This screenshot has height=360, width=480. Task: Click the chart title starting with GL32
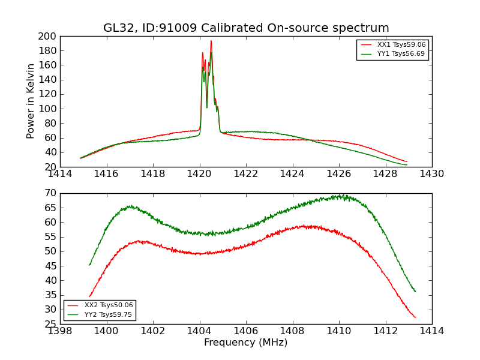246,28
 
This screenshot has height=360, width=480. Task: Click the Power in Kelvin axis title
31,101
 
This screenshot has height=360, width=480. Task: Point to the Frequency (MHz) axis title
246,343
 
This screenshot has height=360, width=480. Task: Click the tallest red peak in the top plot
211,41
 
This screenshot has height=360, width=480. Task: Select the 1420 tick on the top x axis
200,174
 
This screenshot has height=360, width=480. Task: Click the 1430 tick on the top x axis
432,174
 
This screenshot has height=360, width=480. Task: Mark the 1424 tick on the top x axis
293,174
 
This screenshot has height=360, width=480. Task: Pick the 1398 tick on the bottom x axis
60,331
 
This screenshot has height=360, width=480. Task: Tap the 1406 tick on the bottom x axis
246,331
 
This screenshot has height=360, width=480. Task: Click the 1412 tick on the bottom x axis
386,331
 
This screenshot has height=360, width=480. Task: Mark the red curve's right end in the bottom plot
415,317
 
